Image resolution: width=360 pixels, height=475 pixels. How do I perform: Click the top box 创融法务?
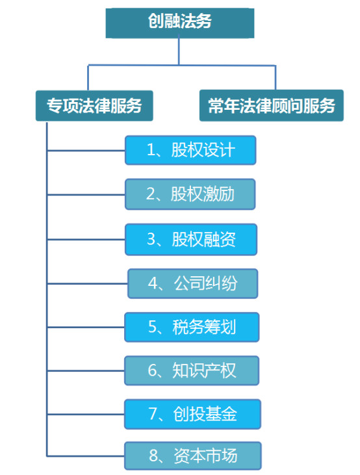click(180, 23)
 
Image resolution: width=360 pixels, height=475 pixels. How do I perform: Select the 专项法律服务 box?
click(94, 105)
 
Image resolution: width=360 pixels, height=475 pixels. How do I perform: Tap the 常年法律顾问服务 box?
click(272, 105)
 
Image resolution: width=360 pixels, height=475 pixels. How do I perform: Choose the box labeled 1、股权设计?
click(190, 150)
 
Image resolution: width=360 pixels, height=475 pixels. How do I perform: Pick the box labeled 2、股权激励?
click(190, 194)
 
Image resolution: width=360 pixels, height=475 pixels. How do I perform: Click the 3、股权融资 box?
click(191, 239)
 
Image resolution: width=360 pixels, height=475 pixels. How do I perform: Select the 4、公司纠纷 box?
click(193, 283)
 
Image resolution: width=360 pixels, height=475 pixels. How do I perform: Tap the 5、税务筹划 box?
click(192, 327)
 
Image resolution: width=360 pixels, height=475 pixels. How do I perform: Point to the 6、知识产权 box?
click(192, 370)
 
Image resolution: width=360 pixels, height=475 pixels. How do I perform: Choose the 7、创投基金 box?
click(192, 414)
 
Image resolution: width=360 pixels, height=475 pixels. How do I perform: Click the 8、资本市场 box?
click(193, 456)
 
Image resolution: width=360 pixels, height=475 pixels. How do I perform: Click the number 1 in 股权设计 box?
click(151, 150)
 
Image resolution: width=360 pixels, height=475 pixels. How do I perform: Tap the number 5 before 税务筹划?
click(153, 327)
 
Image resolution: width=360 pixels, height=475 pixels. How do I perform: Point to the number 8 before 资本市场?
click(153, 456)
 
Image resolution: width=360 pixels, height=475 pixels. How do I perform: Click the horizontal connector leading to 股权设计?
click(86, 150)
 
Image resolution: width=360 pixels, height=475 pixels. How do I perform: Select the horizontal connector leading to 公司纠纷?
click(87, 283)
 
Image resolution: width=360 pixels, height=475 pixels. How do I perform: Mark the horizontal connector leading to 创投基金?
click(86, 414)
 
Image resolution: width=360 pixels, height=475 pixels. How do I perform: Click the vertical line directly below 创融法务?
click(179, 51)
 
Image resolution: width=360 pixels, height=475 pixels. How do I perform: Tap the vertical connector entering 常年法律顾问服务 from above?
click(276, 77)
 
